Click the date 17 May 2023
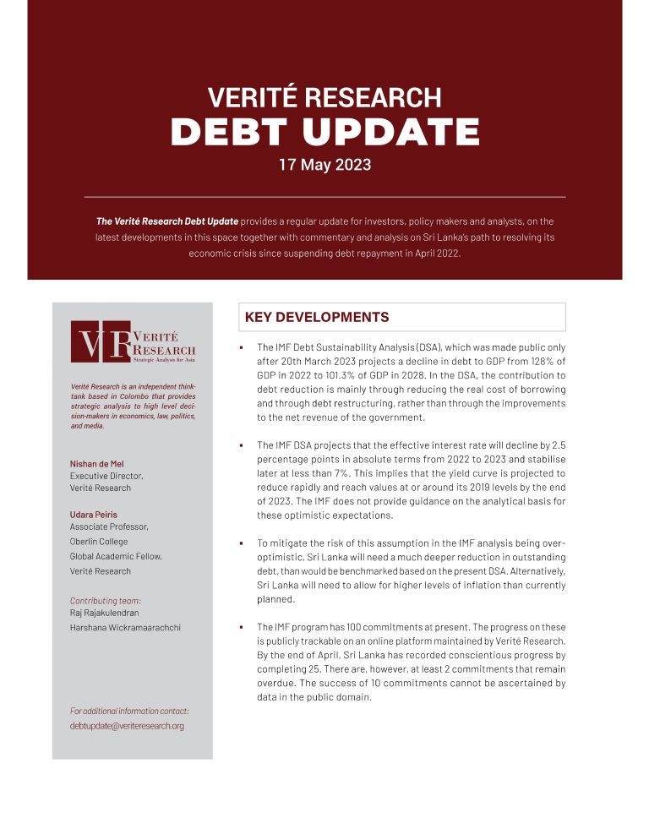pos(324,164)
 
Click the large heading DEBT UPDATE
pos(325,131)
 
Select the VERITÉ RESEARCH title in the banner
pos(324,97)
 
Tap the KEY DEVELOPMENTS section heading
pos(316,318)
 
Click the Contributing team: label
pos(106,601)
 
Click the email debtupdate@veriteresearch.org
pos(127,726)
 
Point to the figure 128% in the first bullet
pos(537,362)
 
